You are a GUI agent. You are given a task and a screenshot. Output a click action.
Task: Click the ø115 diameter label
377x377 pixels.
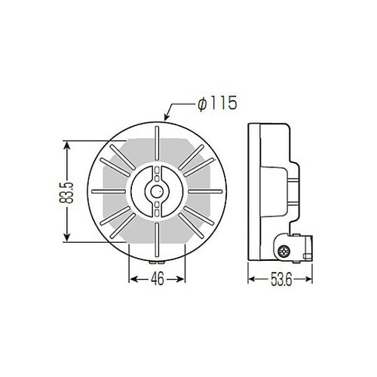click(x=217, y=103)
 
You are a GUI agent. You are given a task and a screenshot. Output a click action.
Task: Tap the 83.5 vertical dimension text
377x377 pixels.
click(x=67, y=192)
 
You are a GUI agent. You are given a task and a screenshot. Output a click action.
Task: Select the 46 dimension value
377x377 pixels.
click(x=158, y=278)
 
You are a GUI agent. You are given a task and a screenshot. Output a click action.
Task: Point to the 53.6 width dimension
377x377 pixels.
click(x=281, y=279)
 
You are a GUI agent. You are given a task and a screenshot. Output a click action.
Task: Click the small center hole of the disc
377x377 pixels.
click(x=157, y=192)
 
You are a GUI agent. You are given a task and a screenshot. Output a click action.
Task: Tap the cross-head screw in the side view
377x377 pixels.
click(x=284, y=251)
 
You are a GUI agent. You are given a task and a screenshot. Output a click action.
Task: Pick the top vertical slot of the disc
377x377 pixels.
click(x=157, y=143)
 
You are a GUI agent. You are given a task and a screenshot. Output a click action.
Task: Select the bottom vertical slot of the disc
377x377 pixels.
click(x=157, y=240)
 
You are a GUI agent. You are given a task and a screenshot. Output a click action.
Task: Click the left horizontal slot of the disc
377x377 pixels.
click(x=109, y=192)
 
